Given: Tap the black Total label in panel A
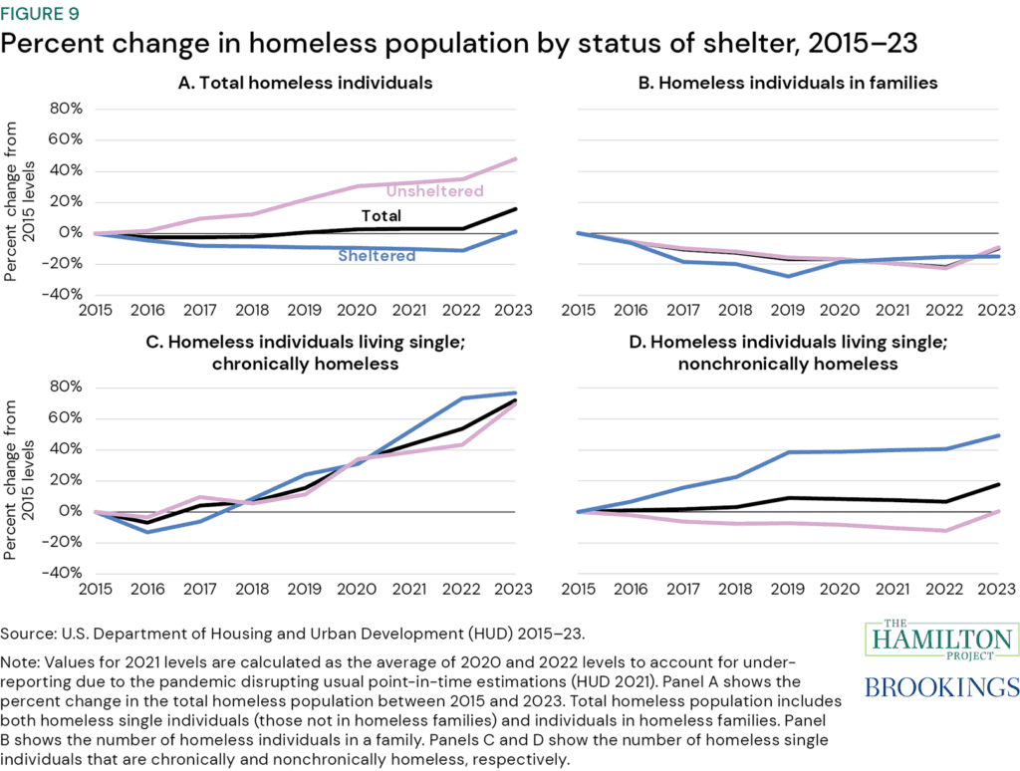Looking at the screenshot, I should point(382,215).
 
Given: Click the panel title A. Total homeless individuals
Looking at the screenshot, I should point(305,83).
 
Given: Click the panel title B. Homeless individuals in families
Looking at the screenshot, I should point(787,83).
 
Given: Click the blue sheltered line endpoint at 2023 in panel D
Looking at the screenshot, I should point(997,435).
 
